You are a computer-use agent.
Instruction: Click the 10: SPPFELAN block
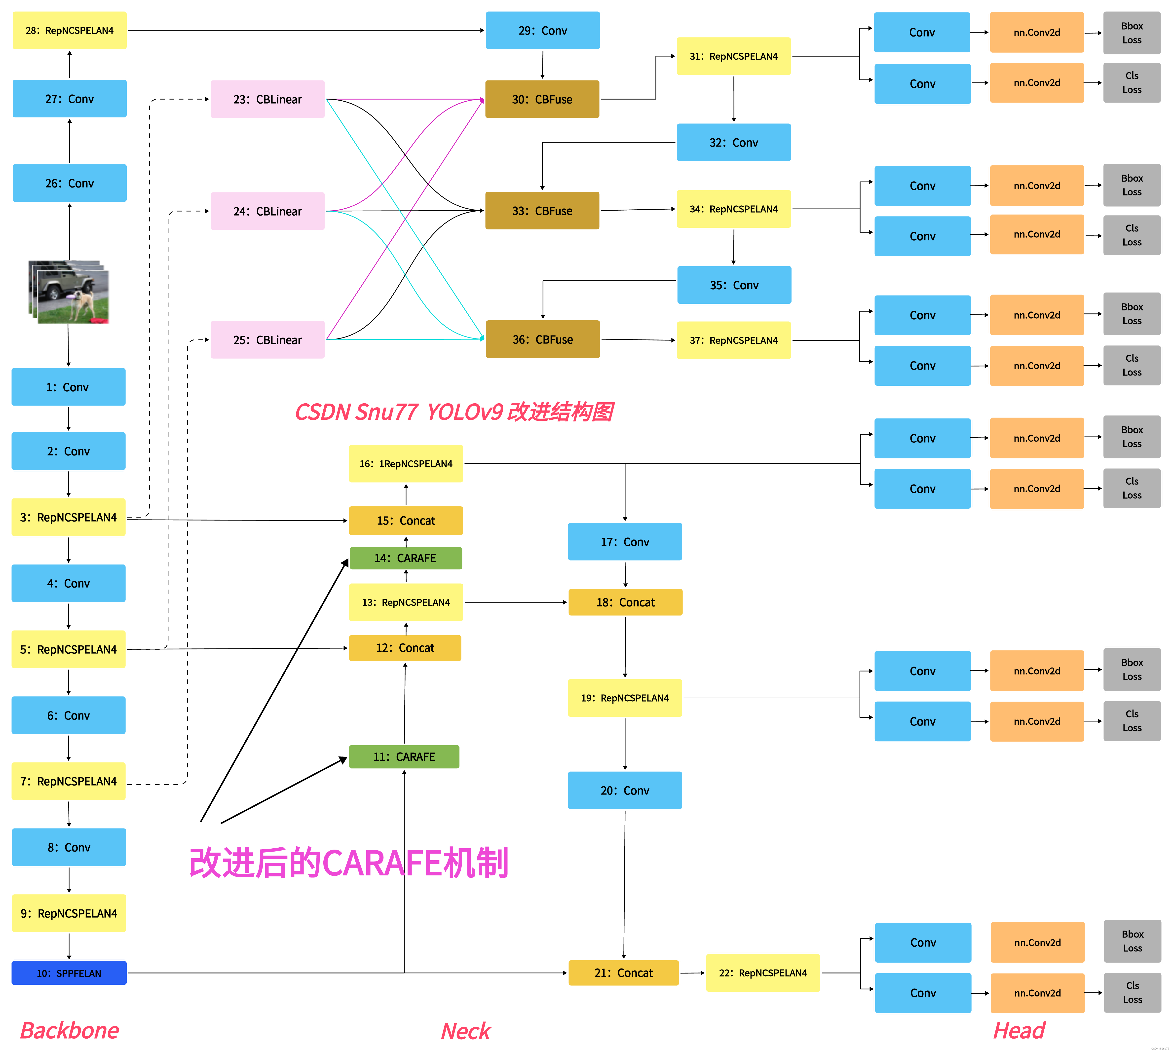pos(69,973)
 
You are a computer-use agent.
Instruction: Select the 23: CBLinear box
pos(267,99)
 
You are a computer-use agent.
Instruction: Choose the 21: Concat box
pos(623,973)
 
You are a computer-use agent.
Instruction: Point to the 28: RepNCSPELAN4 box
pos(69,31)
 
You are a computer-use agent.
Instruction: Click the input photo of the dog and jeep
pos(69,292)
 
